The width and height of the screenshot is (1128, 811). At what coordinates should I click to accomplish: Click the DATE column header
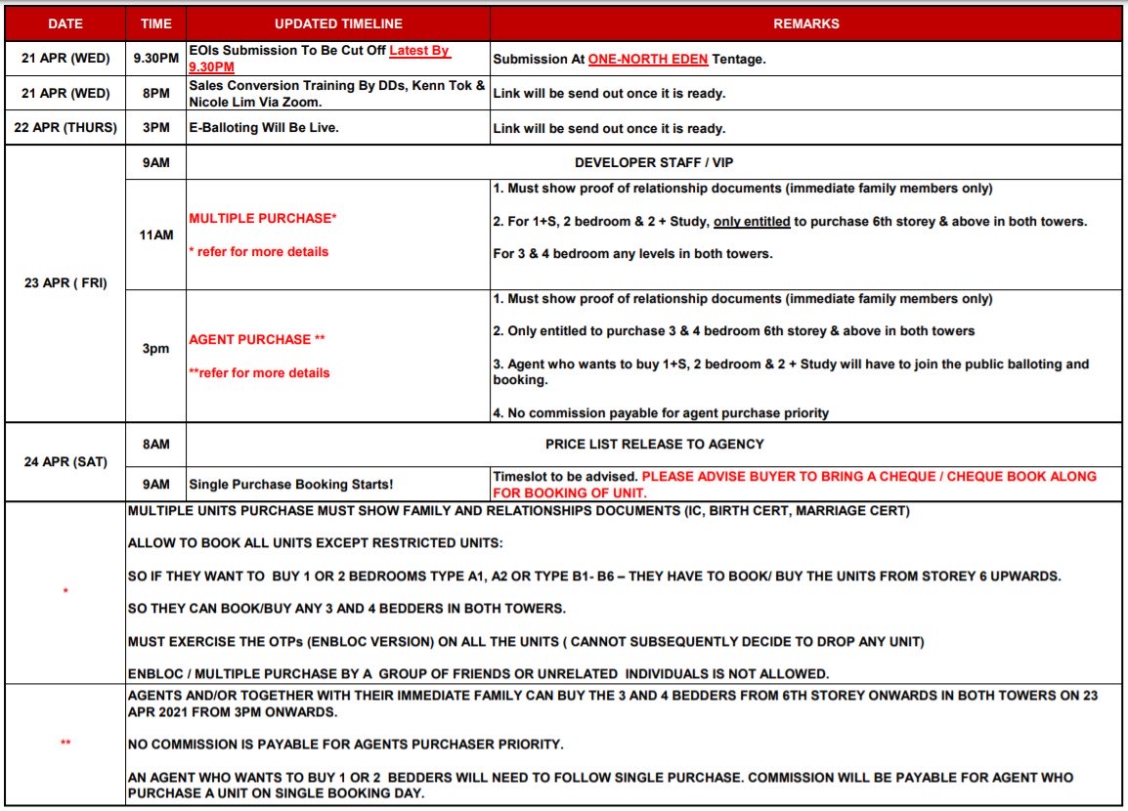(65, 23)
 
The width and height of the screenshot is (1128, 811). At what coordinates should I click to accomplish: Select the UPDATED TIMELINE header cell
(338, 23)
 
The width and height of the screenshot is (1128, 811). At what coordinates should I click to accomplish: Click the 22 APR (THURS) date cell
(65, 128)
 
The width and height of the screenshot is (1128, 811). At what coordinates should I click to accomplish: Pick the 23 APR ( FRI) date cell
(65, 283)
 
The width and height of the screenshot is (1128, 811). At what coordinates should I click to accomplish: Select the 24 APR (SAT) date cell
(65, 461)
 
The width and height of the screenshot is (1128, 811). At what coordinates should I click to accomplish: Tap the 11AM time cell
(155, 235)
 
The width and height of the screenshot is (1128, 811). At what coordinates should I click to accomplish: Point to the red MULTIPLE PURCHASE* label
(262, 218)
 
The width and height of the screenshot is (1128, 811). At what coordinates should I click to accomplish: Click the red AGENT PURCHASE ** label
(256, 339)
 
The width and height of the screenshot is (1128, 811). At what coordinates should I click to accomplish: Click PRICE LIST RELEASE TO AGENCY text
(654, 444)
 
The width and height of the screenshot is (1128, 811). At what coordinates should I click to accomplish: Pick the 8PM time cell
(155, 94)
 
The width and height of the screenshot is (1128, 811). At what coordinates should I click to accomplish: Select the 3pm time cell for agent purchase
(155, 348)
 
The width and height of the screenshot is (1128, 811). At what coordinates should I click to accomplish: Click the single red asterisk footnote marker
(65, 591)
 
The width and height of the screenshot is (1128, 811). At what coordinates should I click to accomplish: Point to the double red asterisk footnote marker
(65, 744)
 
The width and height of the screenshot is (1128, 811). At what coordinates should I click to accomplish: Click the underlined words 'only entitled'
(752, 222)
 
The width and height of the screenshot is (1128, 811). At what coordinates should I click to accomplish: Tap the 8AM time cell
(155, 444)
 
